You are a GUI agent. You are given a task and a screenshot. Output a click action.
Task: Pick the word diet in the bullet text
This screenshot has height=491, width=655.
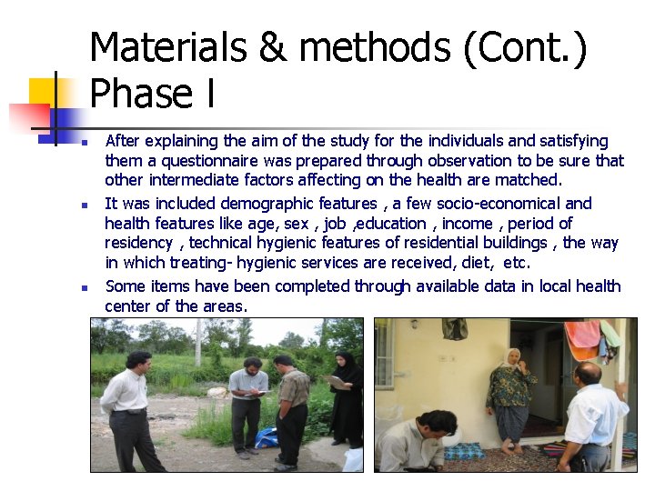(476, 263)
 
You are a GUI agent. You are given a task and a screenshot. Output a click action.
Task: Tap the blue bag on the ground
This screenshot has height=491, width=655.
(267, 437)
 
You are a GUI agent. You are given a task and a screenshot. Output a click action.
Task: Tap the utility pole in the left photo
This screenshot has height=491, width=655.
(198, 340)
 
